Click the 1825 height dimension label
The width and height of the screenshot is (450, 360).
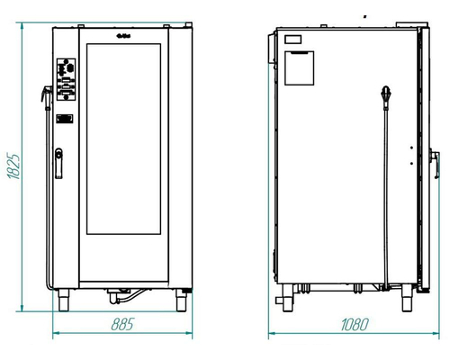click(13, 166)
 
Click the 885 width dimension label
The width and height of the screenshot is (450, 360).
click(122, 324)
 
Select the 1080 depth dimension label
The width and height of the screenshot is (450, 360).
click(355, 324)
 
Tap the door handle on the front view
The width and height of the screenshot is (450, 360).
click(58, 163)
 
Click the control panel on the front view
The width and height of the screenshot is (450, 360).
click(66, 79)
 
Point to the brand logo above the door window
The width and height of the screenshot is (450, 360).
click(123, 37)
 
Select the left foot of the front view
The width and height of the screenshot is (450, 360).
click(63, 300)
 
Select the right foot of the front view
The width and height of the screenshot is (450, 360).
click(181, 300)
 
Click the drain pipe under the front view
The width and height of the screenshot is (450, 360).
click(126, 295)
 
